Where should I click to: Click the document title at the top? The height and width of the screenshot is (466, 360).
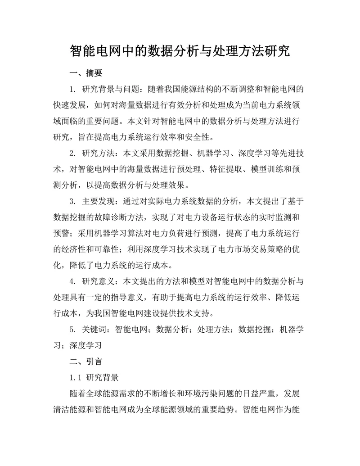point(180,50)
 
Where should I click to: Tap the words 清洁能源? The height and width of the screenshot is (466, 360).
point(70,410)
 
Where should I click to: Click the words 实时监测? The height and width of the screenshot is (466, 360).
point(263,217)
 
